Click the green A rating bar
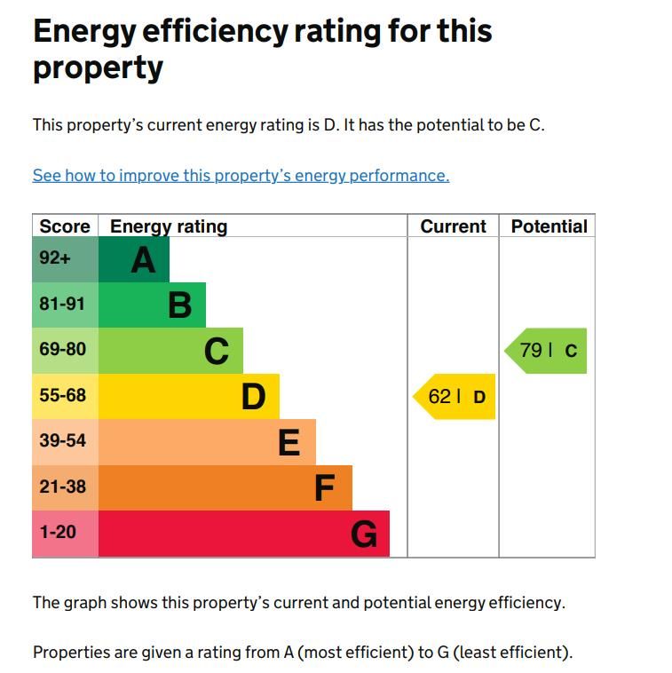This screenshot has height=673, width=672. point(134,259)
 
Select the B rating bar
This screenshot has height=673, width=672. point(152,305)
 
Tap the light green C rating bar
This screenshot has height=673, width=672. point(170,351)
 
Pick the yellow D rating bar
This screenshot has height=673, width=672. point(188,396)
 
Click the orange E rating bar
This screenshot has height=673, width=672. point(207,442)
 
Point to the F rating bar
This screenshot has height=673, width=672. point(225,487)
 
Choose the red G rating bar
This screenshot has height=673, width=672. point(243,534)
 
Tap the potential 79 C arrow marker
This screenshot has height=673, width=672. point(547,351)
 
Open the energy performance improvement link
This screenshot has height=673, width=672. point(241,176)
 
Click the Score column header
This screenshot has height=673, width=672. point(65,226)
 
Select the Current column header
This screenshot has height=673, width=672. point(453,226)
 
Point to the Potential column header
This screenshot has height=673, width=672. point(549,226)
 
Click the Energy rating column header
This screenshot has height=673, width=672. point(169,226)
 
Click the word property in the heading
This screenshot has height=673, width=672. point(98,68)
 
